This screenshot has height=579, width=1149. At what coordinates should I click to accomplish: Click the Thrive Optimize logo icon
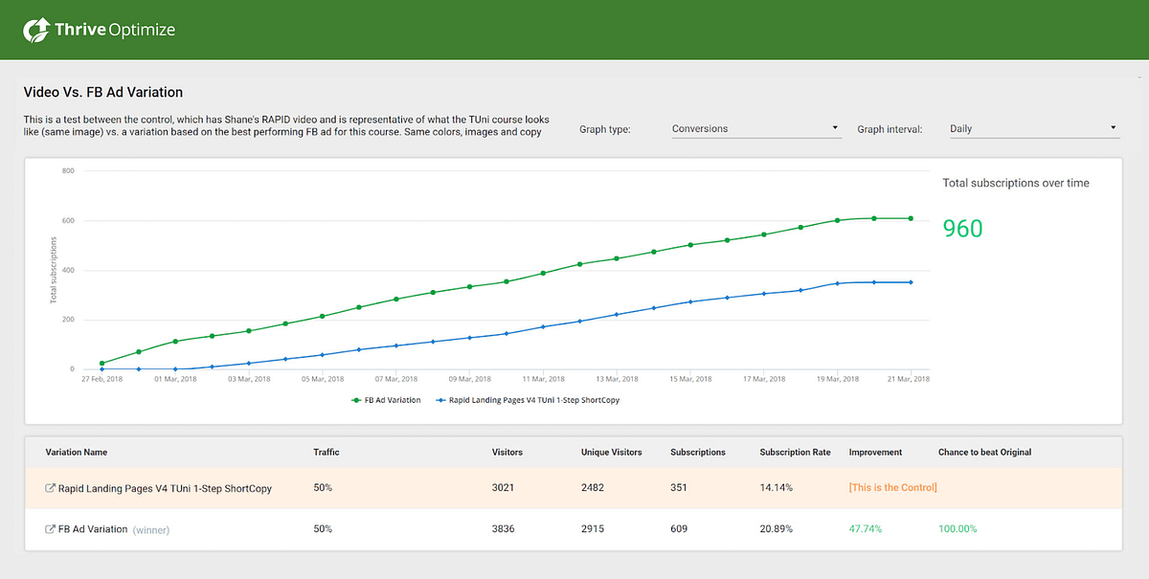coord(35,30)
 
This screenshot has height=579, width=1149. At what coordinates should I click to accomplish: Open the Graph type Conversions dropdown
coord(755,128)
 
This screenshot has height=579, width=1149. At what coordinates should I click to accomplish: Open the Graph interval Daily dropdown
coord(1032,128)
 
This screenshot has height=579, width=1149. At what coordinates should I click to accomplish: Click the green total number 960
coord(962,229)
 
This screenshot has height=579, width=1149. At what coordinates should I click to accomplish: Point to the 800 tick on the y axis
coord(68,171)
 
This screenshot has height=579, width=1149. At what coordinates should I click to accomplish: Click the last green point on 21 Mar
coord(911,218)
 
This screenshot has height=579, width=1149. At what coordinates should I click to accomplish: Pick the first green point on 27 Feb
coord(101,364)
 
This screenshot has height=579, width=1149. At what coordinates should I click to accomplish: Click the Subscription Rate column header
coord(795,452)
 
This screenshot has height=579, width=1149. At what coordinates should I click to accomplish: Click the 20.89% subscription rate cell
coord(777,529)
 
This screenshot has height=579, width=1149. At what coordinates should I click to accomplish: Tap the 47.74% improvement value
coord(865,529)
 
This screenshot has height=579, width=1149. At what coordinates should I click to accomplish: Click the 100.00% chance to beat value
coord(957,529)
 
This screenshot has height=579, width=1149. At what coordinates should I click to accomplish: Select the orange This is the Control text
coord(892,488)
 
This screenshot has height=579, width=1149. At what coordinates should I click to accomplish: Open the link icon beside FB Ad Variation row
coord(51,529)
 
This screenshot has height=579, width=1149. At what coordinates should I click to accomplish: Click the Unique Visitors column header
coord(611,452)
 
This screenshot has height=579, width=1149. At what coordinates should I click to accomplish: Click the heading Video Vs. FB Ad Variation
coord(102,93)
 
